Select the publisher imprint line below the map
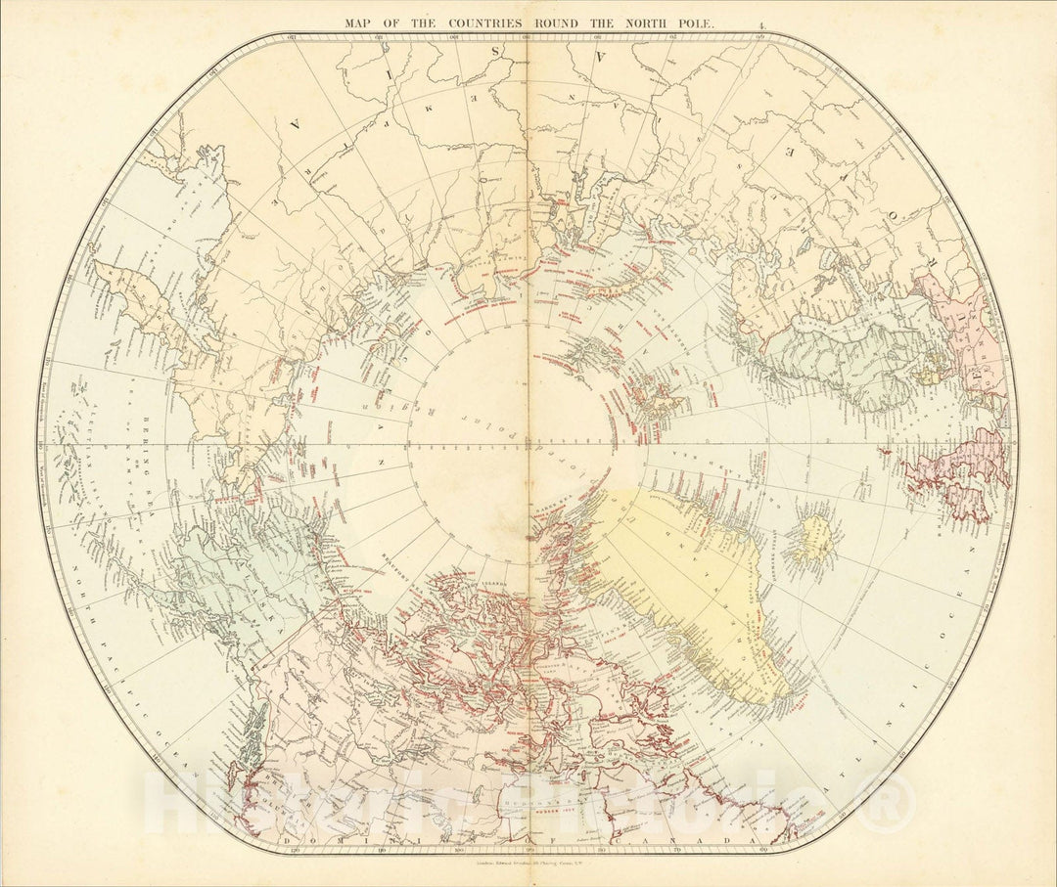tap(528, 859)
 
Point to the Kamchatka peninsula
tap(147, 303)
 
